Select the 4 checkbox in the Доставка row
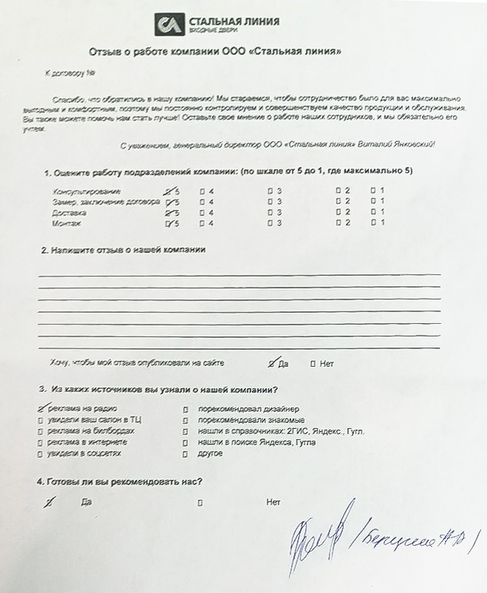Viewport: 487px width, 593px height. (x=202, y=212)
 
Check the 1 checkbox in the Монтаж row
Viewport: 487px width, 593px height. (x=373, y=223)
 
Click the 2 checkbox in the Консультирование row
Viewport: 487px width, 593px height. (x=337, y=191)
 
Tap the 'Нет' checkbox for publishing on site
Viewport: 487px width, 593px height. (x=313, y=363)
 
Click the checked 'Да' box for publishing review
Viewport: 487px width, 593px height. (x=272, y=363)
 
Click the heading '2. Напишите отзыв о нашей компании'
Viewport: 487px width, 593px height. (x=123, y=249)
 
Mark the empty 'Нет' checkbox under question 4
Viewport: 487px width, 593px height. (x=200, y=503)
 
